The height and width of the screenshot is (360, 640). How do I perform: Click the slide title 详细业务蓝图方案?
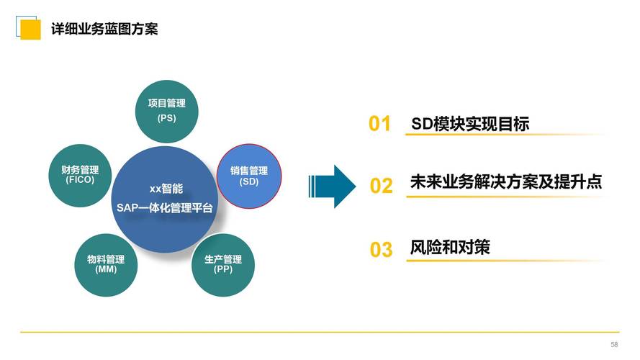click(x=104, y=29)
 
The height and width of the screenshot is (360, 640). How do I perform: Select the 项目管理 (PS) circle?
click(x=166, y=110)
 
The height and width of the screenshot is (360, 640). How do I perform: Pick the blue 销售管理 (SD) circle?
click(x=248, y=176)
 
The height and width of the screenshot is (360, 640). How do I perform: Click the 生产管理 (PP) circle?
click(x=222, y=264)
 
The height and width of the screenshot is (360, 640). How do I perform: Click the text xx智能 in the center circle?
click(x=166, y=189)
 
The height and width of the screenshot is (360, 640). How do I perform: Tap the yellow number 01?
click(x=379, y=125)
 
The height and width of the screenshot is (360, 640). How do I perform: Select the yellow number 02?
click(x=381, y=186)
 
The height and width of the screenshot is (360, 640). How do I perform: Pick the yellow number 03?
click(x=381, y=250)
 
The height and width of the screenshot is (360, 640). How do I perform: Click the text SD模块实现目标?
click(x=470, y=124)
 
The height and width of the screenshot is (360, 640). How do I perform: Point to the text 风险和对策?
click(x=450, y=247)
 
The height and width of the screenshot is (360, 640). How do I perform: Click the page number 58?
click(x=614, y=345)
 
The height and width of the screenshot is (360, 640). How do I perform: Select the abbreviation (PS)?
click(x=166, y=117)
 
